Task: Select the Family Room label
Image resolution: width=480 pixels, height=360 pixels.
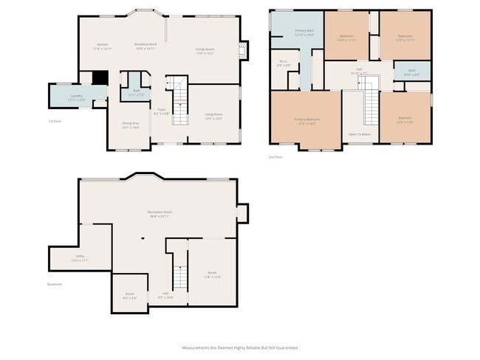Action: [205, 52]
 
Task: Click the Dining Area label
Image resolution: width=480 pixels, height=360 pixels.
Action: [131, 125]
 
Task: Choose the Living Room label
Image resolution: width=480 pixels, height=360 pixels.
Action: [213, 117]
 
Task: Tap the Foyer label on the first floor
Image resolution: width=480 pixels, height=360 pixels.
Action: [162, 113]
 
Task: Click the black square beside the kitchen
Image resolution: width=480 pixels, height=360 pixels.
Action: [98, 78]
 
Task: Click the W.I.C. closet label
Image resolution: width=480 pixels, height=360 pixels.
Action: [284, 63]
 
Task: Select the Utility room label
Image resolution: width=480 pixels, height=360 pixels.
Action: [79, 259]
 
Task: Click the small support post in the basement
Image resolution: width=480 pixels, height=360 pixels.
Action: [142, 238]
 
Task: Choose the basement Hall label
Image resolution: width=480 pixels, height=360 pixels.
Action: [166, 296]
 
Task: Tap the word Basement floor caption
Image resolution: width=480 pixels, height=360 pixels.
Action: [55, 284]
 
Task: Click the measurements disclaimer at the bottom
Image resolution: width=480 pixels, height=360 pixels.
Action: [240, 347]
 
